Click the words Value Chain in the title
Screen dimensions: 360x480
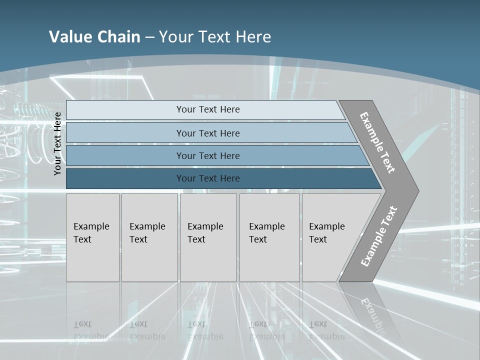[x=94, y=36]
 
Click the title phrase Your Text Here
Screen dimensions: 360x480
[x=215, y=36]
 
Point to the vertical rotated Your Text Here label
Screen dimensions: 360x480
[x=58, y=143]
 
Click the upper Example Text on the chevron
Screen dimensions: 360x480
[x=377, y=142]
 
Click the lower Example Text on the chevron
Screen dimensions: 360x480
[x=379, y=236]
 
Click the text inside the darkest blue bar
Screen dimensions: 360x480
[x=208, y=178]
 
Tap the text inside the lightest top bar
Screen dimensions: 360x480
[x=208, y=109]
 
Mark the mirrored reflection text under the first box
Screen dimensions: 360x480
[x=91, y=330]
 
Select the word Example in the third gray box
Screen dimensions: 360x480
[x=205, y=226]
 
